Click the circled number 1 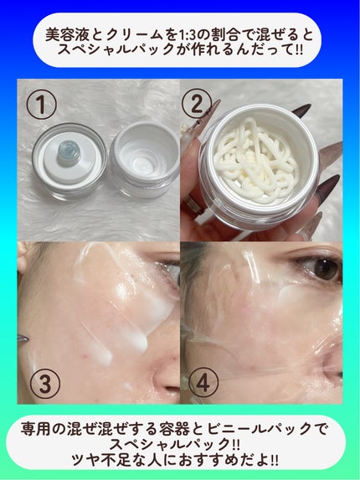[x=41, y=105]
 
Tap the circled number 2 [x=197, y=104]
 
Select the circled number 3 [x=45, y=384]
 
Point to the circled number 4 [x=203, y=383]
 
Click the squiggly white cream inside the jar [x=255, y=158]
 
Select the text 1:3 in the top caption [x=186, y=35]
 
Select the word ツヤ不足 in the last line [x=100, y=460]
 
